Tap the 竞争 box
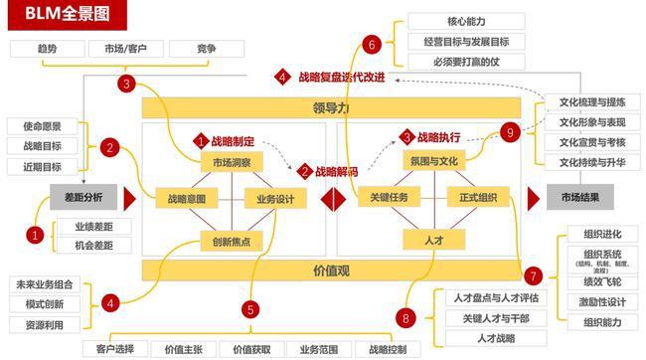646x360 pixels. [207, 48]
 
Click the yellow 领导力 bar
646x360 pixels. [331, 107]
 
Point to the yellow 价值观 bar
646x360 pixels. [331, 270]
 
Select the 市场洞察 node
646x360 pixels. [232, 161]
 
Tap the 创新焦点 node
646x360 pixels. [232, 240]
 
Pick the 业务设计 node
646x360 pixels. [275, 199]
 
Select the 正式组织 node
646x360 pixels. [477, 199]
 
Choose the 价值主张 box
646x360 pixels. [183, 349]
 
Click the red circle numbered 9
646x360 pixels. [509, 131]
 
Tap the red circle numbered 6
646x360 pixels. [371, 44]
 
